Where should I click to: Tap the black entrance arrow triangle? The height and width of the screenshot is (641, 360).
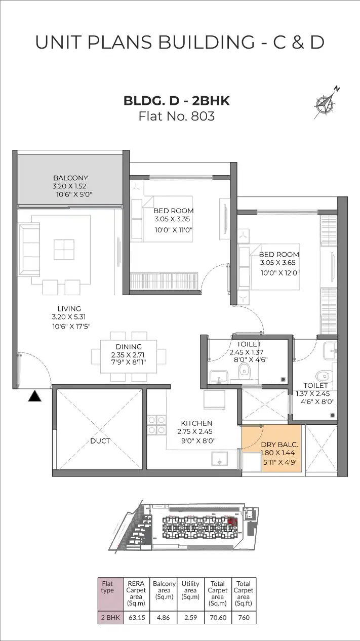pos(34,396)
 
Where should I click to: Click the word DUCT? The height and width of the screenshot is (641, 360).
pos(100,441)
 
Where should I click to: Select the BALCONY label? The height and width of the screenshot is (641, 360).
pos(70,178)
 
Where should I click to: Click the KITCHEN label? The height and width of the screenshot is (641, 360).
pos(196,423)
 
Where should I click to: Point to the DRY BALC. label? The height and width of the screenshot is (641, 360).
pos(279,445)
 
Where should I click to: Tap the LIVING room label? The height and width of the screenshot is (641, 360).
pos(69,309)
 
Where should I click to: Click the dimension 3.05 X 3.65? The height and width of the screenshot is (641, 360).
pos(277,263)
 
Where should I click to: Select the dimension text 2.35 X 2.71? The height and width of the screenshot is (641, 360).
pos(128,355)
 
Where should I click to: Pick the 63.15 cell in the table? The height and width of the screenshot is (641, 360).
pos(137,618)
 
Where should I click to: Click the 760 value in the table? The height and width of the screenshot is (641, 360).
pos(244,618)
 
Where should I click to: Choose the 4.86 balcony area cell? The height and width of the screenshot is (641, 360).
pos(164,618)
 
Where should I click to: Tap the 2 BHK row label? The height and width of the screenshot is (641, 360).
pos(110,618)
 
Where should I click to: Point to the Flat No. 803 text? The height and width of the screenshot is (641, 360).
pos(177,116)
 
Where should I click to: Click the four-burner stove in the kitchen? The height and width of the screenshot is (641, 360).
pos(156,425)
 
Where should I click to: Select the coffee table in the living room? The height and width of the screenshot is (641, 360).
pos(64,250)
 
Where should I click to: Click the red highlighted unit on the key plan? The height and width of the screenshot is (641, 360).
pos(233,522)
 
